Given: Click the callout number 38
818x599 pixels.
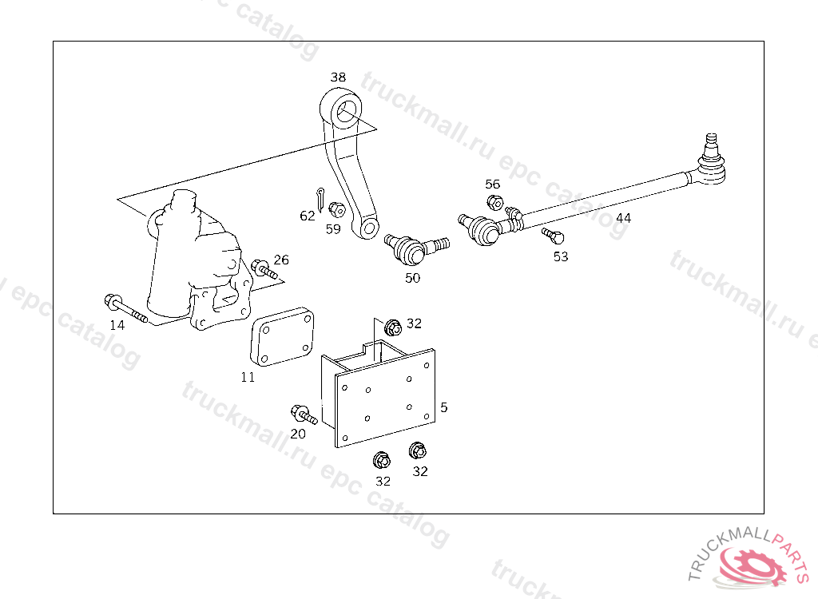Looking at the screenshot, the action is click(338, 77).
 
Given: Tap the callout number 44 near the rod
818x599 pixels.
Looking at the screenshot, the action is click(623, 218).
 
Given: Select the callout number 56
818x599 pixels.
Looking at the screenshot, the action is click(492, 184).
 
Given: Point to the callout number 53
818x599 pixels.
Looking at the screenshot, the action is click(561, 256).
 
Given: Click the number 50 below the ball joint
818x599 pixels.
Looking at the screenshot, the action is click(413, 278).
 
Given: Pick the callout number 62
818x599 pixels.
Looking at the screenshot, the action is click(308, 216).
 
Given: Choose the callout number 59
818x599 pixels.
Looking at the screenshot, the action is click(333, 229).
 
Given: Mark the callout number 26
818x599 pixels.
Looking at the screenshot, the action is click(281, 260).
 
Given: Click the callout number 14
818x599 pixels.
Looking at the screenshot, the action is click(117, 326).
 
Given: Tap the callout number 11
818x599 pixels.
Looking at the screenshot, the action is click(248, 377).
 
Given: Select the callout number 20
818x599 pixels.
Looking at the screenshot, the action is click(298, 434).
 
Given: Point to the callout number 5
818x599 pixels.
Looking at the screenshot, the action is click(444, 407).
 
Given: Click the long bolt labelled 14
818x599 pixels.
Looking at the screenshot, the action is click(125, 308).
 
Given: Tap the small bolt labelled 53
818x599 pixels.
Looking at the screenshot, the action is click(553, 236).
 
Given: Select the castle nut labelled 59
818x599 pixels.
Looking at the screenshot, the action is click(337, 210).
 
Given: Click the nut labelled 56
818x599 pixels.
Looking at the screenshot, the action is click(494, 202).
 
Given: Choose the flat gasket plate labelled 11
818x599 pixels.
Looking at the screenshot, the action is click(282, 337).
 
